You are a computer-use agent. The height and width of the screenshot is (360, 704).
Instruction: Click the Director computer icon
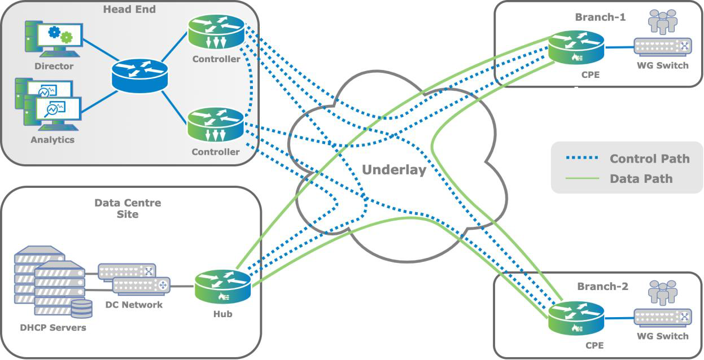[x=54, y=38]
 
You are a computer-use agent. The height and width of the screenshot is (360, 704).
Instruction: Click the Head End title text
[x=129, y=10]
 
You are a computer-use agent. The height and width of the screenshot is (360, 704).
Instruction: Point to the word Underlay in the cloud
[x=393, y=170]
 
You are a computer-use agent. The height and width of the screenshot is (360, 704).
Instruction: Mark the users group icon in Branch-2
[x=662, y=293]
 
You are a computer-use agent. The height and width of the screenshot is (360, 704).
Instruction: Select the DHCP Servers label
[x=53, y=327]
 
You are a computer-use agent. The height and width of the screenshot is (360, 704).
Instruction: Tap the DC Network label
[x=134, y=305]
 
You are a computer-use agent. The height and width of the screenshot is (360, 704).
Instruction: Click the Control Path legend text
[x=649, y=159]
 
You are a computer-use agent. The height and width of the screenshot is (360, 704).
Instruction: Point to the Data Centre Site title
[x=128, y=208]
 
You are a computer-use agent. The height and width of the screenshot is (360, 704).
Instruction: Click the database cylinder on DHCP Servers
[x=81, y=309]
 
